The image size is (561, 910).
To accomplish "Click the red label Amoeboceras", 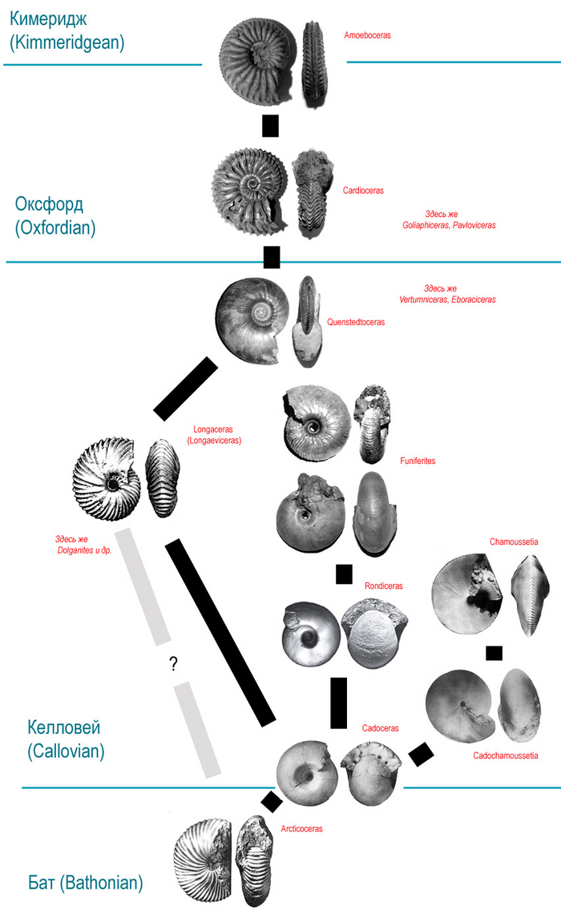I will tap(367, 36).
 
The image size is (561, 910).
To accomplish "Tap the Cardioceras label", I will tap(363, 191).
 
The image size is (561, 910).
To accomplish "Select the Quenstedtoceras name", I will tap(356, 322).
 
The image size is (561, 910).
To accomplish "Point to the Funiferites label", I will tap(418, 461).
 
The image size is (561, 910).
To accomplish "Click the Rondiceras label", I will tap(384, 586).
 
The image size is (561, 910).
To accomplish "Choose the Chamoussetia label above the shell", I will tap(514, 542).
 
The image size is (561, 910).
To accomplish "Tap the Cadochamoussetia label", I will tap(506, 755).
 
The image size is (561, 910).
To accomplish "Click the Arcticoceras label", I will tap(302, 829).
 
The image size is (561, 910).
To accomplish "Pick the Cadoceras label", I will tap(381, 728).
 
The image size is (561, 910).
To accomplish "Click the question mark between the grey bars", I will tap(173, 664).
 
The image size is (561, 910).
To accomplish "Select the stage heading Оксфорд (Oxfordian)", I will tap(55, 216).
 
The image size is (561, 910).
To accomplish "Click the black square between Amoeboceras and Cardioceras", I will tap(270, 126).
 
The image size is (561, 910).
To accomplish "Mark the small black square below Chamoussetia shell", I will tap(494, 653).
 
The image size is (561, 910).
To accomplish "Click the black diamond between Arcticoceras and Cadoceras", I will tap(272, 801).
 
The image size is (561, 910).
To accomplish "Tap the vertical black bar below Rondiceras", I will tap(339, 703).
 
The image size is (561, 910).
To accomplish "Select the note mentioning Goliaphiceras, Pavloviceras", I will tap(449, 220).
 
